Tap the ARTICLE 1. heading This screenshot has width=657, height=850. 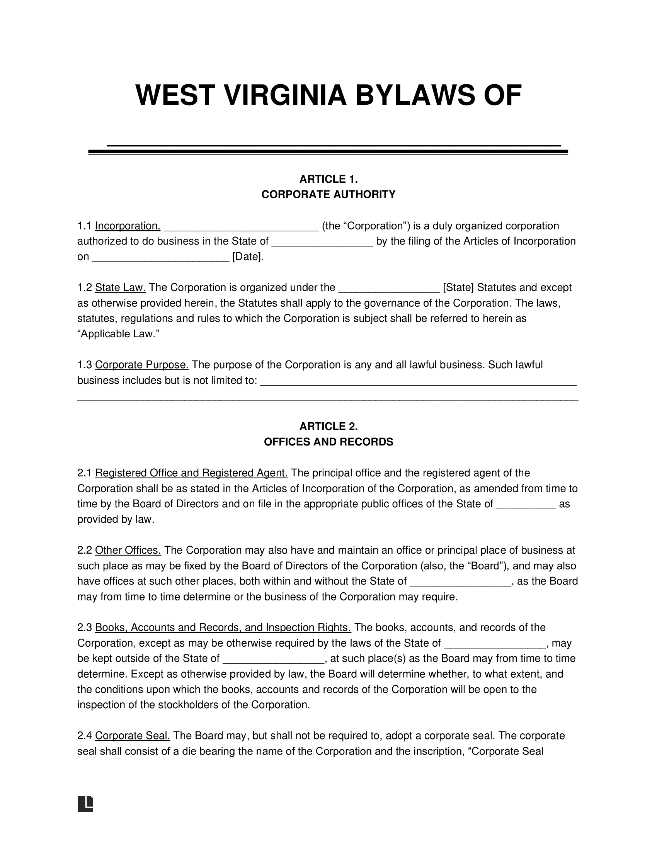(328, 179)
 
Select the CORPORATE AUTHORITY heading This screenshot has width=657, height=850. (328, 194)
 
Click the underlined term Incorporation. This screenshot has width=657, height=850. (128, 226)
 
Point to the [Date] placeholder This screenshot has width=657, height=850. (248, 257)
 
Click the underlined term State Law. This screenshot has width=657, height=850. (120, 287)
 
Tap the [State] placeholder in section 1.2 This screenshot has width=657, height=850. (458, 287)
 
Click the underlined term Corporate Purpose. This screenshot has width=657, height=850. (142, 365)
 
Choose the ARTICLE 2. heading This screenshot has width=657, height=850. (328, 427)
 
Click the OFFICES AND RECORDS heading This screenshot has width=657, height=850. (328, 442)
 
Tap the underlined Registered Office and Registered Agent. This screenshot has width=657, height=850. (191, 473)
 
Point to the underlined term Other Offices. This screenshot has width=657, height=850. (128, 550)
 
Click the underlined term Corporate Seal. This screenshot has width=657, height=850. (132, 736)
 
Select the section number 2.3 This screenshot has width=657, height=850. (84, 627)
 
